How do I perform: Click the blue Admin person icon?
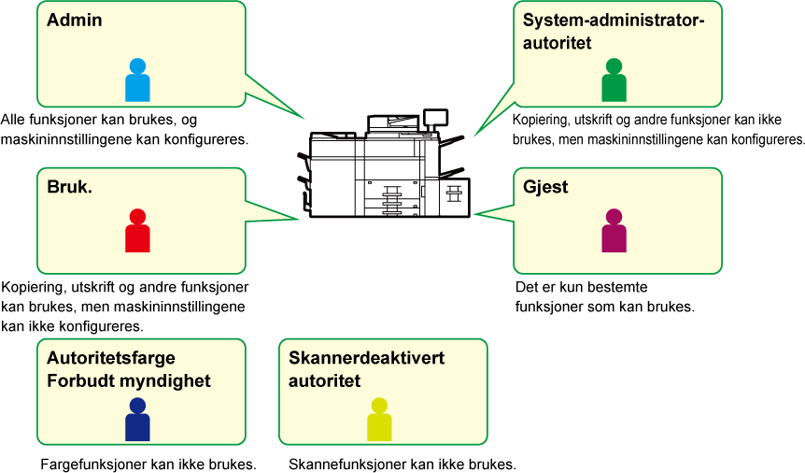tap(137, 79)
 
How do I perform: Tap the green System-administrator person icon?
tap(614, 79)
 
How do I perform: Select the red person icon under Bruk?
tap(137, 230)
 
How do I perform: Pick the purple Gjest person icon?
tap(614, 230)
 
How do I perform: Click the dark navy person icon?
tap(137, 419)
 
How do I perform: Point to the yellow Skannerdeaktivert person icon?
tap(379, 419)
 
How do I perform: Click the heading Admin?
tap(75, 20)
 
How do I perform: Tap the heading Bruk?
tap(70, 187)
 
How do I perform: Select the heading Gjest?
tap(545, 187)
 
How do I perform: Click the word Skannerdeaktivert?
tap(367, 358)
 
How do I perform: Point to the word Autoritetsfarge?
tap(111, 358)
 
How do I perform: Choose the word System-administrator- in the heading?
tap(614, 21)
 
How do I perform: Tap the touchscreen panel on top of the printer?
tap(435, 118)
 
